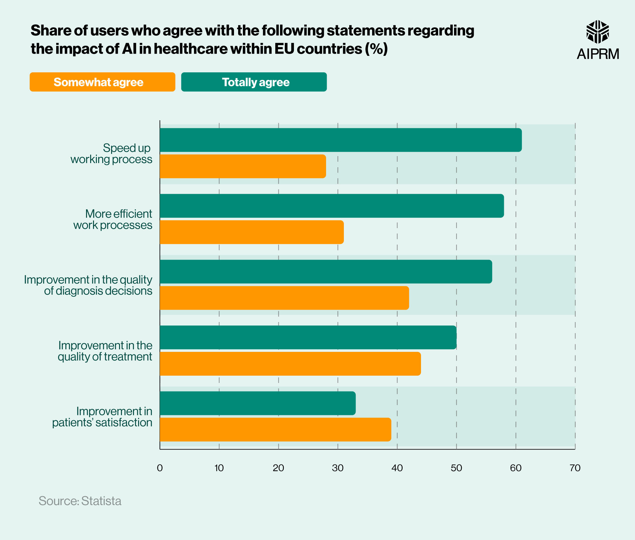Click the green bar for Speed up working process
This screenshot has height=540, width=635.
340,140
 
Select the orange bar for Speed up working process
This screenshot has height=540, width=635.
243,166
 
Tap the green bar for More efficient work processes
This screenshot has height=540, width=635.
331,206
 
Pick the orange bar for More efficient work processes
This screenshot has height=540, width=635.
251,232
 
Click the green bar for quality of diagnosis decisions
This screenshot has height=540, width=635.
326,272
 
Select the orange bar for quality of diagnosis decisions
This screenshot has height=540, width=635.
284,298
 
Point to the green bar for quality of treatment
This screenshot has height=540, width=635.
308,337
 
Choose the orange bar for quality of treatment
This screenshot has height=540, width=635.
290,364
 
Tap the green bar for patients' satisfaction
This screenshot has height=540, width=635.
257,403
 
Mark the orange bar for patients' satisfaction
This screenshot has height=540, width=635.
275,430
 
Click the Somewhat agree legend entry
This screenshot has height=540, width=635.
102,82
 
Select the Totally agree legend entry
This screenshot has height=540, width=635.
254,82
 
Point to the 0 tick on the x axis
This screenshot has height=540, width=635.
160,468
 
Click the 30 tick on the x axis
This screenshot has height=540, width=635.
338,468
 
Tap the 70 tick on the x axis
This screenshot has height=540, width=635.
575,468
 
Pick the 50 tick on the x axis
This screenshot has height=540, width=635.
456,468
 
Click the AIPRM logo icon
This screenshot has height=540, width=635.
598,32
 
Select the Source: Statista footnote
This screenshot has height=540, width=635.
80,501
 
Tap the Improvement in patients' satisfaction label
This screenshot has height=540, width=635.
102,417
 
